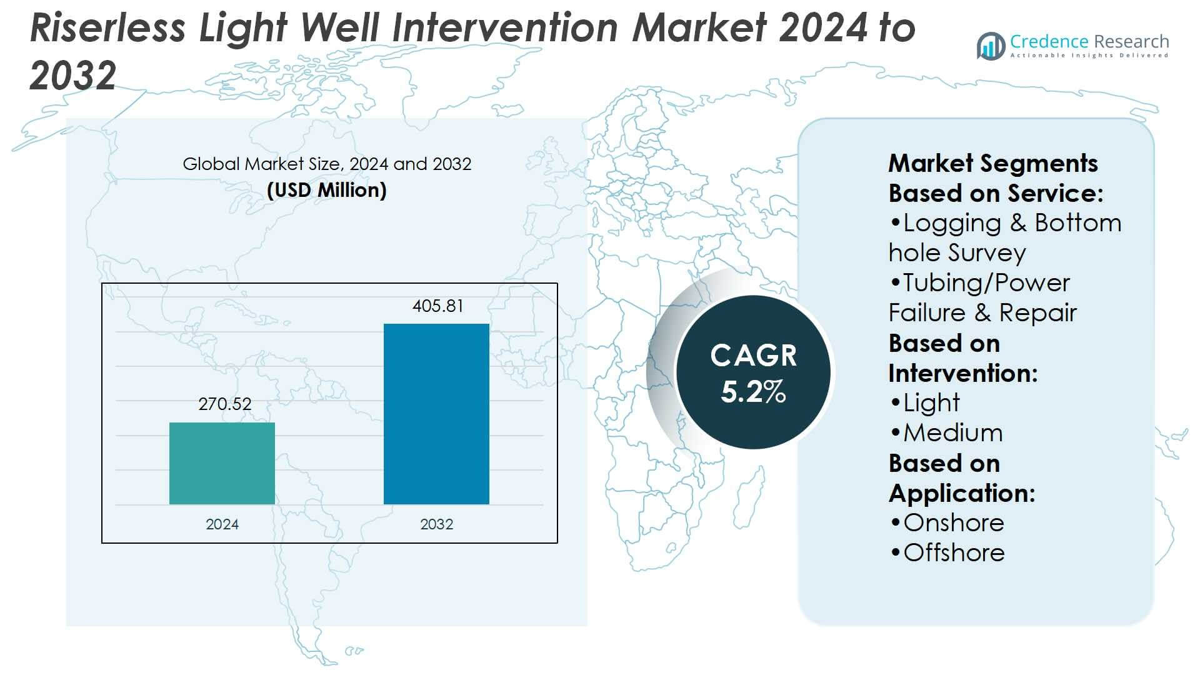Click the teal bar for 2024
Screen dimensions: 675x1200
pos(222,463)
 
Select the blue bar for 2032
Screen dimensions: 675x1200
pos(436,414)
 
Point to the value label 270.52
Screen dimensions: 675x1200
pos(225,404)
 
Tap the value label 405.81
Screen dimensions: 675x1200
pos(437,306)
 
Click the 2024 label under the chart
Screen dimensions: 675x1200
pos(222,524)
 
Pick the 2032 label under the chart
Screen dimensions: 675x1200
pos(436,524)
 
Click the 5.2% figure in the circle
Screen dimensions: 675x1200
pos(753,392)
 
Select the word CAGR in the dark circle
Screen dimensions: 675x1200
pos(753,356)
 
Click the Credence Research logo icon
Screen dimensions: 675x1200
pos(991,46)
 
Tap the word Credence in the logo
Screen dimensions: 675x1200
pos(1049,41)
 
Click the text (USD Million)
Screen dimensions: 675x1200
pos(326,190)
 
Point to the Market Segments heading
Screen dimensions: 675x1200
pos(992,163)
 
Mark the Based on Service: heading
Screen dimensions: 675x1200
pos(996,193)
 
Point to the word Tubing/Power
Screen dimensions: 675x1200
pos(986,283)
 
